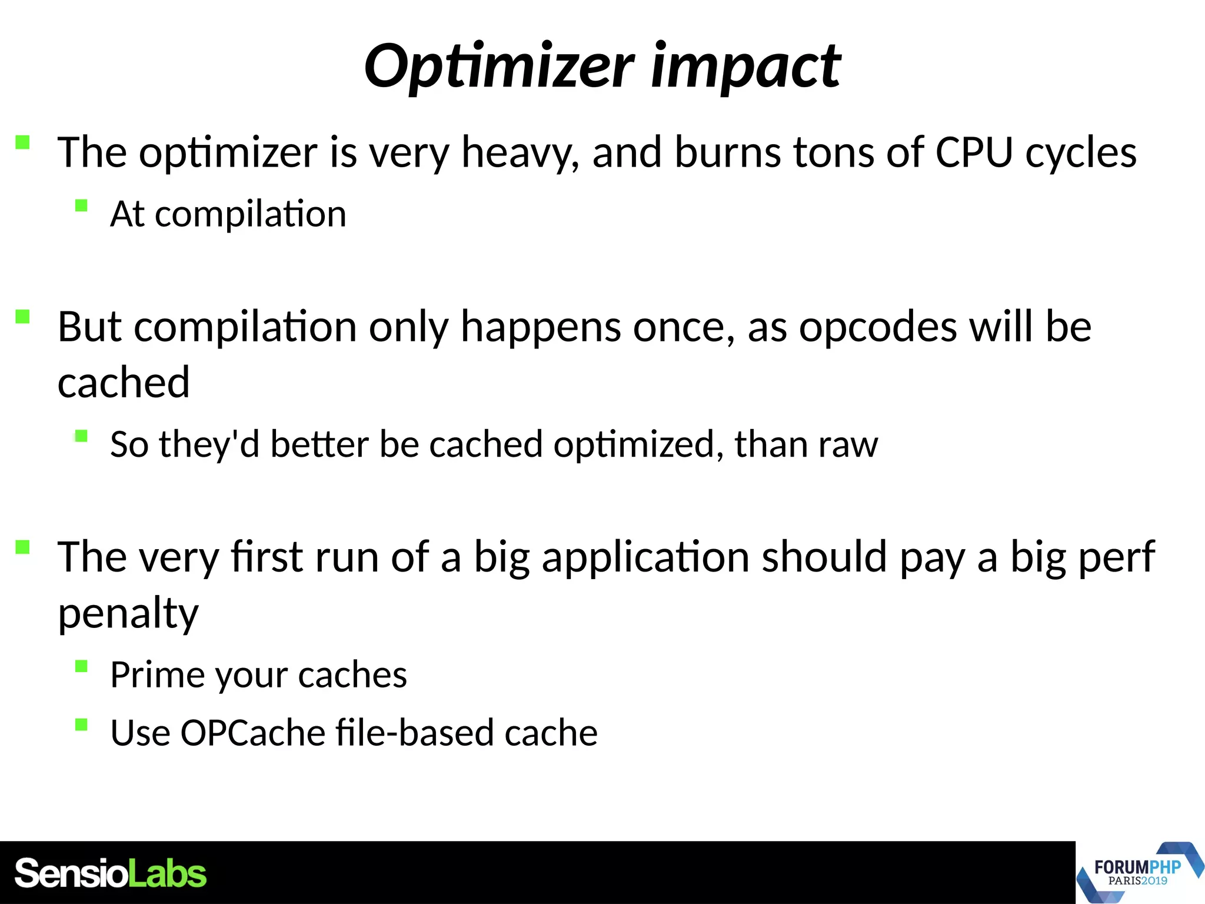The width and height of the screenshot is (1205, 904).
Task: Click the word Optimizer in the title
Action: tap(499, 66)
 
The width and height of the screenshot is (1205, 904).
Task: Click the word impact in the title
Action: tap(746, 66)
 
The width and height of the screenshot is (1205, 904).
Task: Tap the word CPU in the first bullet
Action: tap(974, 152)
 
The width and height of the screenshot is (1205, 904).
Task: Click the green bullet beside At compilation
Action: tap(81, 205)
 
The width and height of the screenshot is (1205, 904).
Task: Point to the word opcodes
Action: tap(878, 327)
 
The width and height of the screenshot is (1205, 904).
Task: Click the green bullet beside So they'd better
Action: tap(81, 436)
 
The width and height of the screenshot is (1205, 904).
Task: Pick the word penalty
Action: tap(128, 613)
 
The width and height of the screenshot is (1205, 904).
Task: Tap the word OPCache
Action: tap(253, 733)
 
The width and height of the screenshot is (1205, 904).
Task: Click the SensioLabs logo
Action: tap(111, 873)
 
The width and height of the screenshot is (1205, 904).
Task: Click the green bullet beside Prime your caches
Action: tap(81, 666)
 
